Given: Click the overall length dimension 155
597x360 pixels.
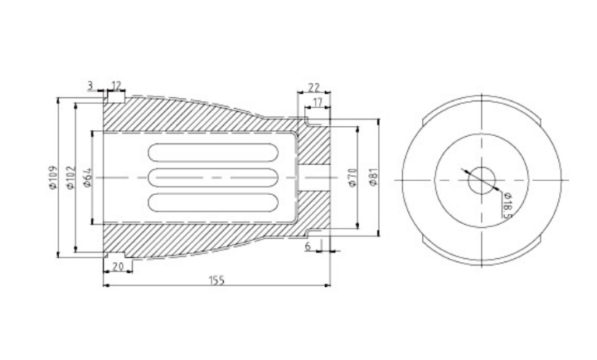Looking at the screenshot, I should pos(217,281).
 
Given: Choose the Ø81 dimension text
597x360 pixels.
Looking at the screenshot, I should pos(373,178).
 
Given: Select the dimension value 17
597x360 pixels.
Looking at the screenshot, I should pos(317,102).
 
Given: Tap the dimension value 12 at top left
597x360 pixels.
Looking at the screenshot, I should pos(116,84).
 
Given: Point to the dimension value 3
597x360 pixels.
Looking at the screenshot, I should pos(91,84).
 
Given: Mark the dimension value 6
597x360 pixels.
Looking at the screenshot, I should pos(309,246).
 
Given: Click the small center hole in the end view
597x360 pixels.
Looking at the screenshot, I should pos(481,180).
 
